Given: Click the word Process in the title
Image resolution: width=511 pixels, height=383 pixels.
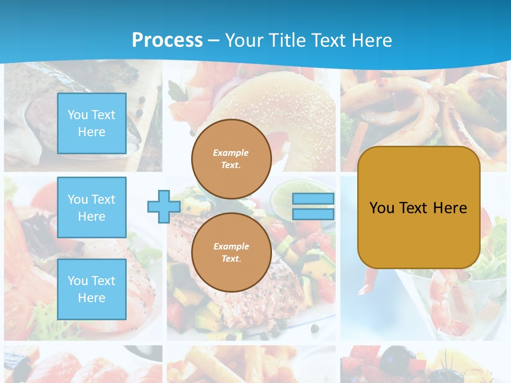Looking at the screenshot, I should [x=167, y=40].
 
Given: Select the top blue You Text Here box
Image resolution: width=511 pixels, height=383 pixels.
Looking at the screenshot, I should [x=92, y=123].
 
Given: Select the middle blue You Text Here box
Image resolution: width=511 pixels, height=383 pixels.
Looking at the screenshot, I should [x=92, y=207].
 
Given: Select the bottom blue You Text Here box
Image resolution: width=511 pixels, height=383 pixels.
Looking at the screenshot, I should [x=92, y=289].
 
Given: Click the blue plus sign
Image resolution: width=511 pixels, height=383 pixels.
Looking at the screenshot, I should [x=164, y=207].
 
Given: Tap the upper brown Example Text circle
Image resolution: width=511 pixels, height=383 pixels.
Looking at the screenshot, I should [x=231, y=159].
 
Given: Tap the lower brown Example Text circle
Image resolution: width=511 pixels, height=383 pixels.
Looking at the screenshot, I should [x=231, y=253].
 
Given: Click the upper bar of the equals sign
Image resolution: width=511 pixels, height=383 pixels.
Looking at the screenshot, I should [x=314, y=199].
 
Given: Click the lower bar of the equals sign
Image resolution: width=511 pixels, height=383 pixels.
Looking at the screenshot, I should [x=314, y=214].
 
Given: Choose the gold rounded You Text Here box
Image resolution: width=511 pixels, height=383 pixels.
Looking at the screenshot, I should [x=418, y=207].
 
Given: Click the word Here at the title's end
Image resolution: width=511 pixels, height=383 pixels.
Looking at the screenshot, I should [x=373, y=40].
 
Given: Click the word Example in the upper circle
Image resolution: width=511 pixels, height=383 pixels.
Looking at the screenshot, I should [x=231, y=153].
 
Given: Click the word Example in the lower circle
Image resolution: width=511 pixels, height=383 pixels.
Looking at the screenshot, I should [x=231, y=246].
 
